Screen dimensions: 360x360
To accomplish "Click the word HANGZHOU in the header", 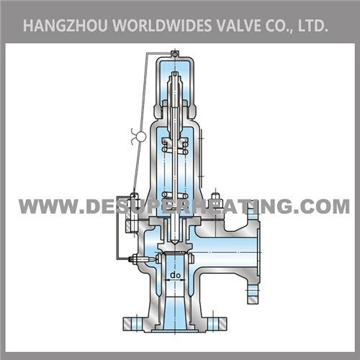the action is coord(65,26).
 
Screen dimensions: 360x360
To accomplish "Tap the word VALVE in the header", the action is coord(239,26).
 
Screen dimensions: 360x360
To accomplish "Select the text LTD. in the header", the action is coord(313,26).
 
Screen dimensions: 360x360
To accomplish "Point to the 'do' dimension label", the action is coord(175,275).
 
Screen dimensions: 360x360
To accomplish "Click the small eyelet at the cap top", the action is coord(175,55).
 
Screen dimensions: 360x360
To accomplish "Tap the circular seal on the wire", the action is coord(141,137).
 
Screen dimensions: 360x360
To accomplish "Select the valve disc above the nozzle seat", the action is coord(175,247).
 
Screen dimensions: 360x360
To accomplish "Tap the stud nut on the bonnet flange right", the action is coord(215,196).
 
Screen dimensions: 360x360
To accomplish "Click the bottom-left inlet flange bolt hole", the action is coord(136,324).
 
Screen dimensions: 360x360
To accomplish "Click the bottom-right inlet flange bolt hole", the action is coord(213,324).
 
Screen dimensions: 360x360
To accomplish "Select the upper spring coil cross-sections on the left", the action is coord(164,147).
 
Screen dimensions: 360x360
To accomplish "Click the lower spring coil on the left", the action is coord(165,195).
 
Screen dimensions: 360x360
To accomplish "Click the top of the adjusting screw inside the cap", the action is coord(175,74).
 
